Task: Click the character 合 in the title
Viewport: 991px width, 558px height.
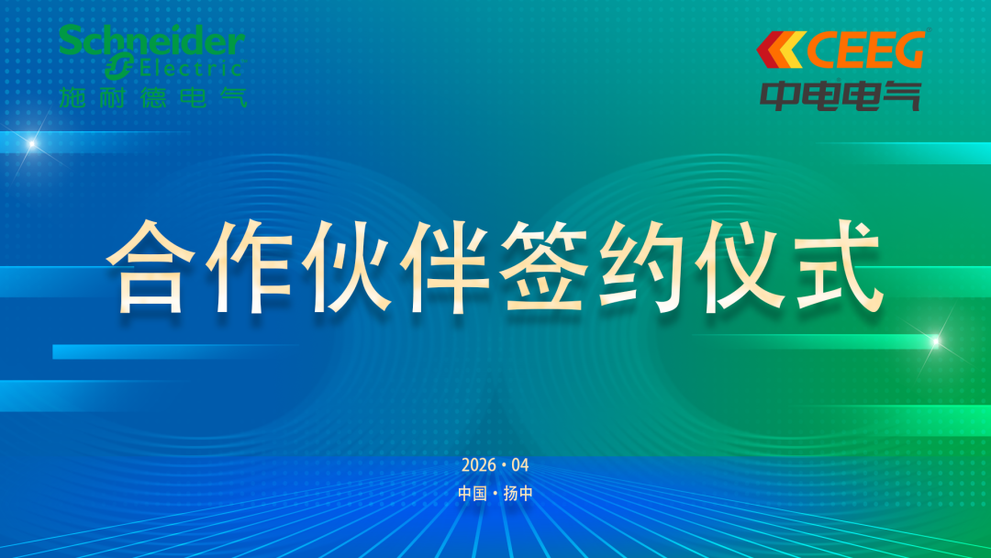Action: coord(150,267)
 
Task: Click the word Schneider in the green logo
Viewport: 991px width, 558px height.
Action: coord(151,41)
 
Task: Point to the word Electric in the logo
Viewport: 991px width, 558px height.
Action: coord(191,68)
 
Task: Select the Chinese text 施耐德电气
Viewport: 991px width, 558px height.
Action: coord(152,97)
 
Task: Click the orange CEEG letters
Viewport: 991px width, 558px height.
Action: coord(865,50)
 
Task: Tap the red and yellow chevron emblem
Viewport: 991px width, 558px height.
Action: coord(781,50)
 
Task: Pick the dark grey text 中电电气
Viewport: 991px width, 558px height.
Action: coord(840,95)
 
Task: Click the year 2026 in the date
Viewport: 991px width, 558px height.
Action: coord(478,465)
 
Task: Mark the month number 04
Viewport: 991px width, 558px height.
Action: coord(520,465)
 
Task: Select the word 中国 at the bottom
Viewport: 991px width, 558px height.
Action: coord(473,493)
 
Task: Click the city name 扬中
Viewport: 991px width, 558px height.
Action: coord(518,493)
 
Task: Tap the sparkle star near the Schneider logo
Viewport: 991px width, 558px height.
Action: coord(31,145)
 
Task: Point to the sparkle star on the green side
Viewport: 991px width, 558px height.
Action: coord(935,342)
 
